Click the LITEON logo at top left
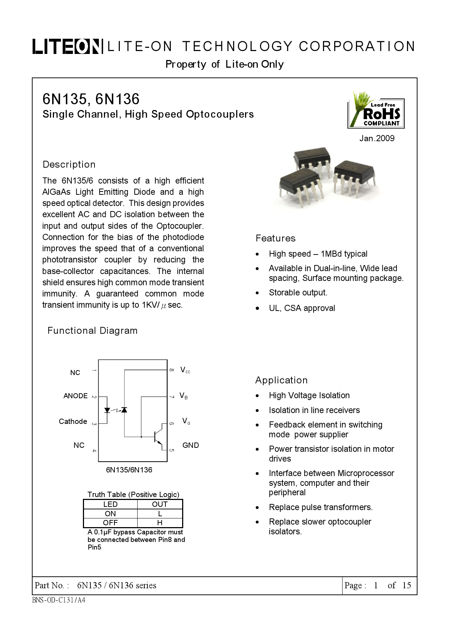pyautogui.click(x=66, y=46)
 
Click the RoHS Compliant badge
pyautogui.click(x=377, y=113)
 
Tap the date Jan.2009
pyautogui.click(x=377, y=138)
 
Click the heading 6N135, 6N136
pyautogui.click(x=91, y=99)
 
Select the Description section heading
pyautogui.click(x=69, y=164)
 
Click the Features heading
pyautogui.click(x=276, y=238)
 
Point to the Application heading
pyautogui.click(x=281, y=380)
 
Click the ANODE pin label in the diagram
pyautogui.click(x=75, y=396)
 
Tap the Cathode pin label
pyautogui.click(x=73, y=421)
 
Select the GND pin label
pyautogui.click(x=190, y=445)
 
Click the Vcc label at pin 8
pyautogui.click(x=185, y=370)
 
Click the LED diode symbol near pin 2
pyautogui.click(x=107, y=410)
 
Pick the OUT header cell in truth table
pyautogui.click(x=160, y=504)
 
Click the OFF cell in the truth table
pyautogui.click(x=110, y=523)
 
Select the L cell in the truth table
pyautogui.click(x=160, y=514)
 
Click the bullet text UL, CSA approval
pyautogui.click(x=302, y=308)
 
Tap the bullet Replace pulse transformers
pyautogui.click(x=320, y=507)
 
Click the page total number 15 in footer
pyautogui.click(x=407, y=585)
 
